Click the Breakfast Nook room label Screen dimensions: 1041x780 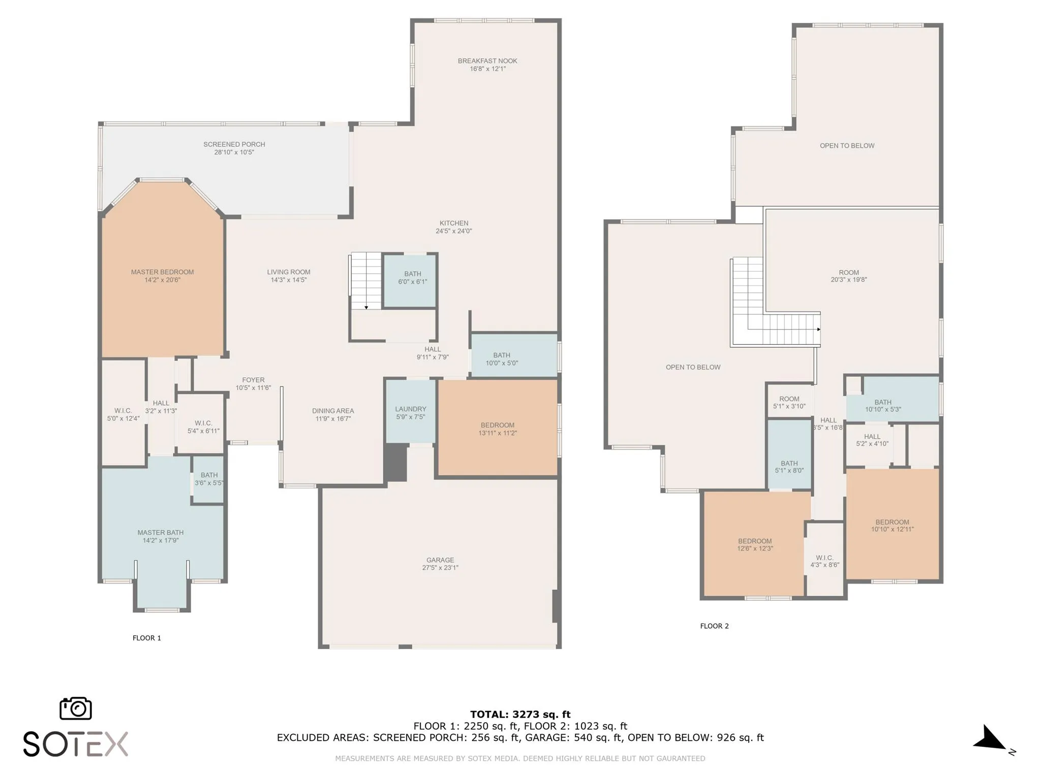(x=487, y=61)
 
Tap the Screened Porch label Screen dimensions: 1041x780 (x=234, y=144)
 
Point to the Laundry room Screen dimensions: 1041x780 (x=411, y=411)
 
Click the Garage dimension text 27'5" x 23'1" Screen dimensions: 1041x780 (x=440, y=568)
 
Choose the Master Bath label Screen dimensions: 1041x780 (x=161, y=532)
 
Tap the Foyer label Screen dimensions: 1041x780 (x=253, y=380)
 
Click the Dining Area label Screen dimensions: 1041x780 (x=333, y=411)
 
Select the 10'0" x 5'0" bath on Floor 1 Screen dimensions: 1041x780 (x=514, y=355)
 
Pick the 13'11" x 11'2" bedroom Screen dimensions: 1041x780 (x=498, y=428)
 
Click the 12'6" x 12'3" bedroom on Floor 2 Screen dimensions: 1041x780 (x=755, y=543)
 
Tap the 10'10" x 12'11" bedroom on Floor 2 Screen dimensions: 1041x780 (x=892, y=525)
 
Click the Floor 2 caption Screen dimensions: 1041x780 (x=714, y=626)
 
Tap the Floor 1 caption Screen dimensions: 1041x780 (x=147, y=638)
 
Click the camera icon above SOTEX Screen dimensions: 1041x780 (x=76, y=708)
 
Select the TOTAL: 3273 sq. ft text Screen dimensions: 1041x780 (x=520, y=714)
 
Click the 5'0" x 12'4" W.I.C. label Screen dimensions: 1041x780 (x=123, y=414)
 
